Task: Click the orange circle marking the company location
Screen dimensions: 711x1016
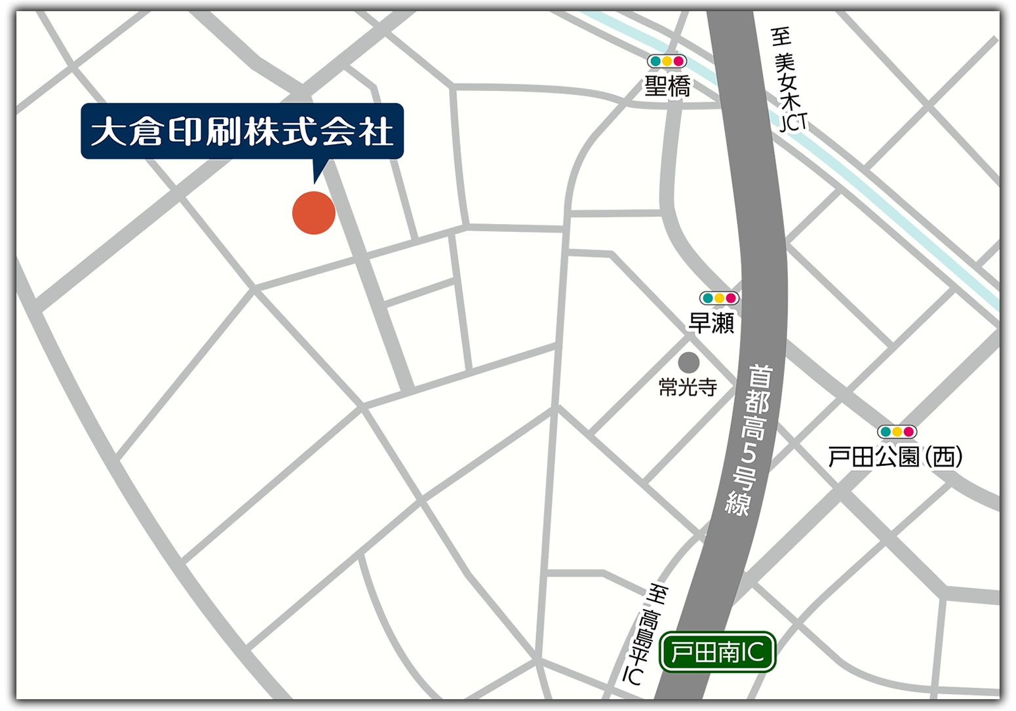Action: [313, 212]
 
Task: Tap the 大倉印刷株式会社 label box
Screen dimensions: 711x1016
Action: [242, 131]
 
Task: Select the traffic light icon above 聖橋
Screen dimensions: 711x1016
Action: [667, 61]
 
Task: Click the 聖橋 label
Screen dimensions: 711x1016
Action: [667, 86]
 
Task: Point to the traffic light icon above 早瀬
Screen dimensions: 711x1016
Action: [719, 298]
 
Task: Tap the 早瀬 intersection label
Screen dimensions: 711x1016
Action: [711, 322]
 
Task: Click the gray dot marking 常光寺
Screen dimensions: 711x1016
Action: [688, 362]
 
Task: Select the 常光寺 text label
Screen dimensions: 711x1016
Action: [688, 387]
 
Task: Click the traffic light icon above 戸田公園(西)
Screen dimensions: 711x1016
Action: [897, 432]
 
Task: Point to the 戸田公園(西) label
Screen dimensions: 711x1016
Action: [895, 457]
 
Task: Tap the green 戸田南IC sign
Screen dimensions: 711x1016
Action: [718, 652]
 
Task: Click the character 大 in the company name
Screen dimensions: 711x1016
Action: [107, 132]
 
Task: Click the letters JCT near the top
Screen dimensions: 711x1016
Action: [793, 122]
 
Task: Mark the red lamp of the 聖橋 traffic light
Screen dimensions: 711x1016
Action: [678, 61]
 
